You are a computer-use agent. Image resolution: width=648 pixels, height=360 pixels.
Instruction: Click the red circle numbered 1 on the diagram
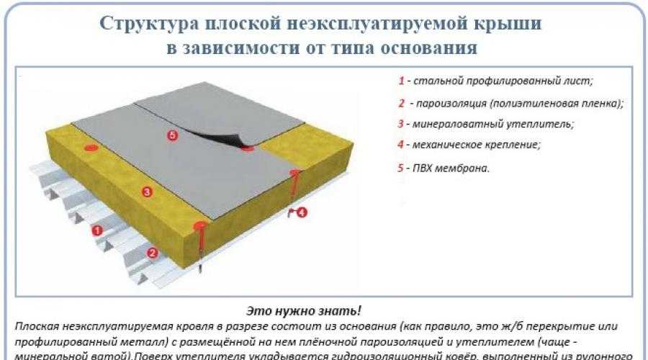pyautogui.click(x=97, y=230)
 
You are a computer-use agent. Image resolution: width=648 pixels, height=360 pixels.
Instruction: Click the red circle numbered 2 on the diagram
pyautogui.click(x=152, y=252)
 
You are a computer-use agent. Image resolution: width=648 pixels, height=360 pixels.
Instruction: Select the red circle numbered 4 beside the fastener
pyautogui.click(x=301, y=212)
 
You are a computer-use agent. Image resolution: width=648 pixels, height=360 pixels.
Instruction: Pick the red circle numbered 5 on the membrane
pyautogui.click(x=171, y=135)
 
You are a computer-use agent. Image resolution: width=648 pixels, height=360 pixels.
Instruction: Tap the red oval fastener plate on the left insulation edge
pyautogui.click(x=91, y=148)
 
